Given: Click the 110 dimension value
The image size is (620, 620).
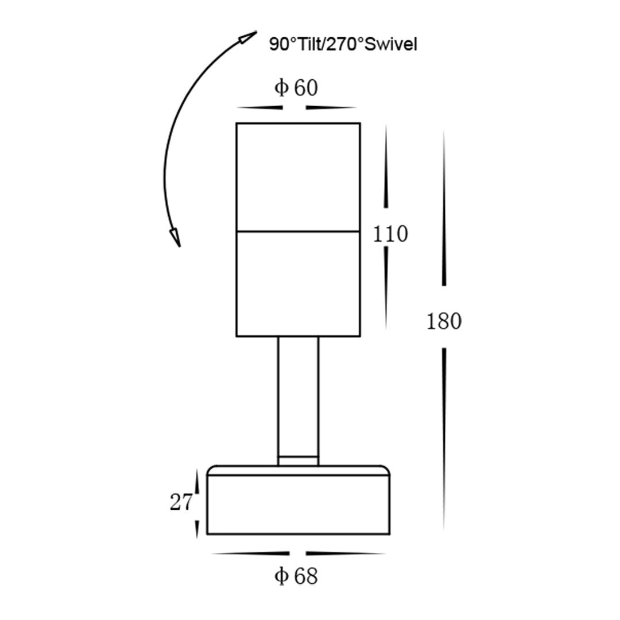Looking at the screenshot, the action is [390, 234].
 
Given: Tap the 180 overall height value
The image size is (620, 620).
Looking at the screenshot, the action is [444, 321].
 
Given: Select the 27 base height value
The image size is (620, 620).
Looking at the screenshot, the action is [181, 502].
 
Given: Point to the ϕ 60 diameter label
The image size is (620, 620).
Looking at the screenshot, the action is [296, 88].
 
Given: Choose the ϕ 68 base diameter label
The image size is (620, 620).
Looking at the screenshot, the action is [296, 576].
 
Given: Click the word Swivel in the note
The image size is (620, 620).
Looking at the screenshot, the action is [390, 45].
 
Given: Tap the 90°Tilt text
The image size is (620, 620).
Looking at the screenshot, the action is [295, 45].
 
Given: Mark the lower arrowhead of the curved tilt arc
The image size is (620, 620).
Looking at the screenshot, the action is [175, 238].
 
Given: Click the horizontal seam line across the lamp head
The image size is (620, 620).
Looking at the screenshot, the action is [298, 231].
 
